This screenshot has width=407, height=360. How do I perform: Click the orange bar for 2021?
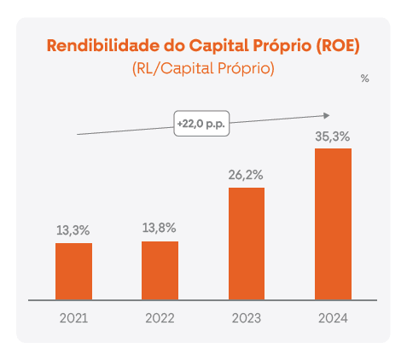click(x=73, y=271)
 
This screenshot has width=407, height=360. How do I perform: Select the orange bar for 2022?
click(x=160, y=270)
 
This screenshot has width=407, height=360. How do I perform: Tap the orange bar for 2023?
click(x=246, y=243)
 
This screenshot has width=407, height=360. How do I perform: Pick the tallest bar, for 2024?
click(x=333, y=224)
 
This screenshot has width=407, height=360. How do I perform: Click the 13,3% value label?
click(x=73, y=229)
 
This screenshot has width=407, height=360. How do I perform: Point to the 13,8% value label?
click(x=160, y=228)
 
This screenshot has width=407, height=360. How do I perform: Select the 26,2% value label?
click(x=246, y=174)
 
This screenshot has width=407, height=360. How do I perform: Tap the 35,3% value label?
click(x=333, y=136)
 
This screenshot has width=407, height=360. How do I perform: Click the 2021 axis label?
click(x=73, y=318)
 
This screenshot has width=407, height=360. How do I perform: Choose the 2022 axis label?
click(x=160, y=318)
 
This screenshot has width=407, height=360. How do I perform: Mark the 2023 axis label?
click(x=246, y=318)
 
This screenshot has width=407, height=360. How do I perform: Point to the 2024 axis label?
click(x=333, y=318)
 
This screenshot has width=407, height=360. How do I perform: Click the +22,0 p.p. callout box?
click(x=202, y=124)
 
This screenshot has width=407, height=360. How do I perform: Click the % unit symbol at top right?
click(x=364, y=78)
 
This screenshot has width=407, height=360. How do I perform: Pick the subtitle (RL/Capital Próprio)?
click(x=203, y=68)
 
